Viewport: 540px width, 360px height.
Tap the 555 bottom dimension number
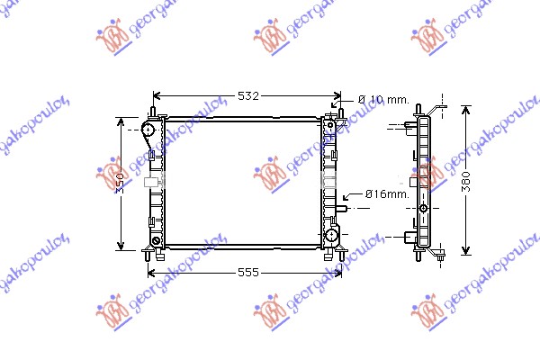coord(247,272)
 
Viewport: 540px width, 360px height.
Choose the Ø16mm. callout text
coord(386,193)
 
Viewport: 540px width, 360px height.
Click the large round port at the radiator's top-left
coord(147,130)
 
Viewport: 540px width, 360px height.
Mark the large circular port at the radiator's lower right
coord(332,237)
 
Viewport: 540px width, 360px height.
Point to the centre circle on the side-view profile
coord(424,208)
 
